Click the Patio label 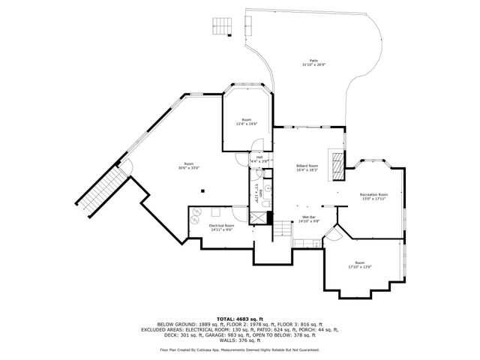coord(313,63)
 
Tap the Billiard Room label coord(307,168)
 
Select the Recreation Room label coord(373,196)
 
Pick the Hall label coord(258,159)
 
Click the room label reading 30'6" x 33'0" coord(189,166)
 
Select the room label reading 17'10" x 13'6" coord(360,265)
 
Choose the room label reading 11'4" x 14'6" coord(246,121)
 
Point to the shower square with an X coord(259,218)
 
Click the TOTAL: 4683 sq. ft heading coord(239,319)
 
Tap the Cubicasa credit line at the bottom coord(239,349)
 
